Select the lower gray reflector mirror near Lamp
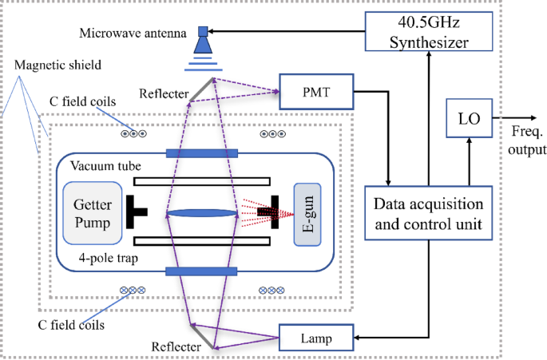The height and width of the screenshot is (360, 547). (201, 336)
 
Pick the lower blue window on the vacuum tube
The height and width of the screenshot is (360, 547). (202, 272)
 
